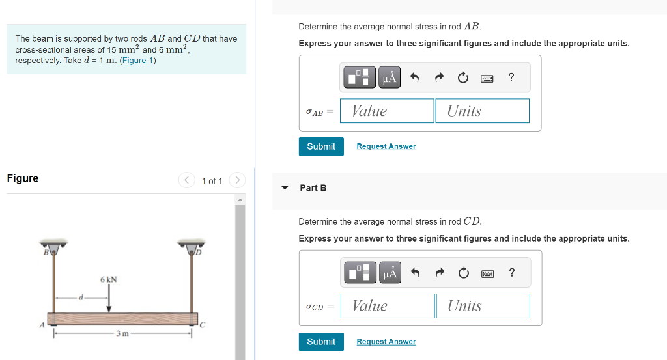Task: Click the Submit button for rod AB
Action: pyautogui.click(x=321, y=146)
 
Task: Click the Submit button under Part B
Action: pyautogui.click(x=321, y=342)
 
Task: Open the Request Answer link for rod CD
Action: pyautogui.click(x=386, y=342)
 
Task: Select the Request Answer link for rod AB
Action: pyautogui.click(x=386, y=146)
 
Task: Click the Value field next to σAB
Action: pyautogui.click(x=387, y=111)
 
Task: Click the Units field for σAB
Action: pyautogui.click(x=482, y=111)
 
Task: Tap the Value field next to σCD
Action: pyautogui.click(x=388, y=306)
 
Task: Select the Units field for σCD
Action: pyautogui.click(x=483, y=306)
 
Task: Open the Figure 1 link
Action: pyautogui.click(x=137, y=61)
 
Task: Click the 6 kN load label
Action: pyautogui.click(x=109, y=279)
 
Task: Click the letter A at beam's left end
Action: pyautogui.click(x=42, y=324)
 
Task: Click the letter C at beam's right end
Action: pyautogui.click(x=202, y=324)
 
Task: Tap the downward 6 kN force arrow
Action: pyautogui.click(x=109, y=299)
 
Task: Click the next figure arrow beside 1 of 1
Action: pyautogui.click(x=238, y=180)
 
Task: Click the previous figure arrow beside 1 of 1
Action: pyautogui.click(x=187, y=180)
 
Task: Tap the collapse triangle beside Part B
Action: pyautogui.click(x=285, y=188)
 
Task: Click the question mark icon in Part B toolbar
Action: pyautogui.click(x=511, y=273)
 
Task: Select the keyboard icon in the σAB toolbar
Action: pyautogui.click(x=487, y=78)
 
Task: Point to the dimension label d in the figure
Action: pyautogui.click(x=81, y=297)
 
